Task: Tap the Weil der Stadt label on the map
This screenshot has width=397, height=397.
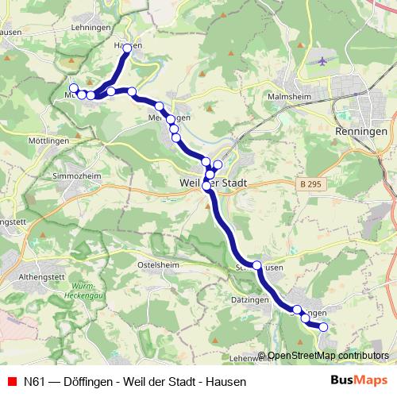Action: point(209,183)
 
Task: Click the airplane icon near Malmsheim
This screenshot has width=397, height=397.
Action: point(321,61)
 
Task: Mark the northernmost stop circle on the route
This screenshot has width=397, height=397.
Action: point(127,47)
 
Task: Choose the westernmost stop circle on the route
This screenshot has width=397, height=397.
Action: point(74,88)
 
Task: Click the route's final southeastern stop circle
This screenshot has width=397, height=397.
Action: point(323,326)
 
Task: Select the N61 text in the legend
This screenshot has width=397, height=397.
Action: point(33,381)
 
